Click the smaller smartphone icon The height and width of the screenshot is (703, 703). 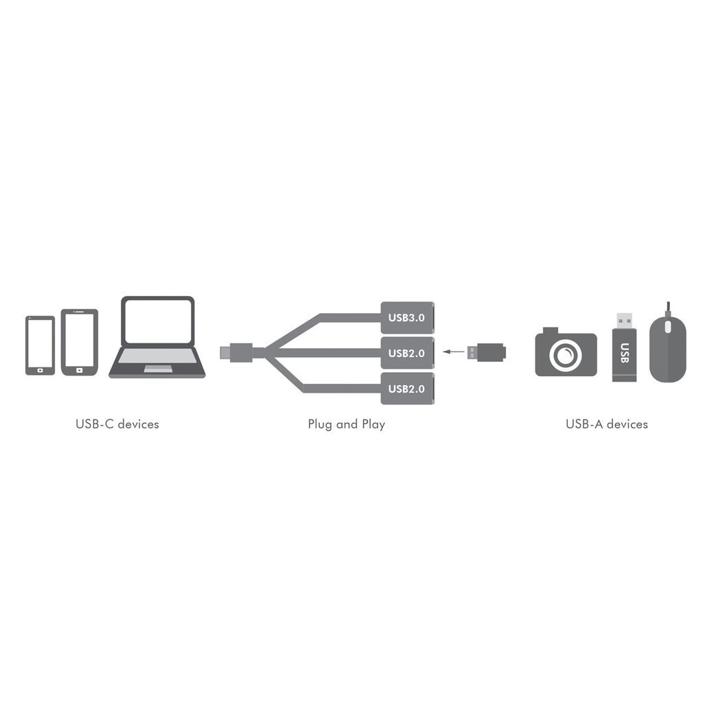coord(40,345)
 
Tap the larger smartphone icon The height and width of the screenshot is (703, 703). coord(80,342)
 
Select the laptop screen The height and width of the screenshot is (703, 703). coord(158,321)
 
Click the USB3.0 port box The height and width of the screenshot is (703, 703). coord(407,317)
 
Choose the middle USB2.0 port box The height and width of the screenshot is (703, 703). coord(407,353)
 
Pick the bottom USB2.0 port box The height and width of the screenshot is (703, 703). coord(407,389)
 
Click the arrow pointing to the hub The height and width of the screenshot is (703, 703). coord(452,352)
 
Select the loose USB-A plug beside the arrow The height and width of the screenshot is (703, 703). coord(487,352)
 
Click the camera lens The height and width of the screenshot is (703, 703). coord(566,355)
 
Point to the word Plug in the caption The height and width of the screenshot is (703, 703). coord(320,424)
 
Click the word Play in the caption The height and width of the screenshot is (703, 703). coord(373,424)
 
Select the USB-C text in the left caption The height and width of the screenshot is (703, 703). coord(94,424)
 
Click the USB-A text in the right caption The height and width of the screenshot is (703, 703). coord(584,424)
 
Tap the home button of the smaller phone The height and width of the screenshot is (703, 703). coord(40,370)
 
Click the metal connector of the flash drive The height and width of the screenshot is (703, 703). coord(624,321)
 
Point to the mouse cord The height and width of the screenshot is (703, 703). coord(667,308)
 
